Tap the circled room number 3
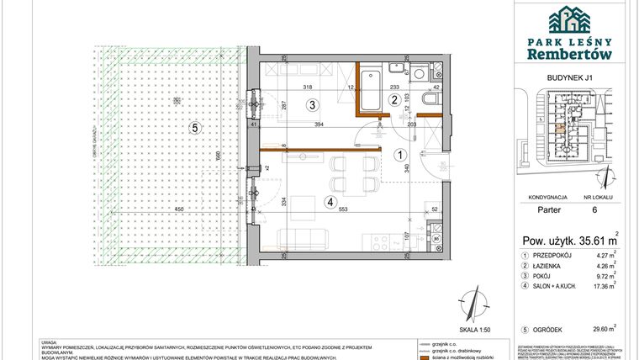pyautogui.click(x=311, y=105)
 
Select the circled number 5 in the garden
pyautogui.click(x=194, y=128)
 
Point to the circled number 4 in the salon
pyautogui.click(x=330, y=201)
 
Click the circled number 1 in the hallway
pyautogui.click(x=402, y=154)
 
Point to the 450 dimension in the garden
pyautogui.click(x=179, y=208)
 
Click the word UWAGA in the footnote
pyautogui.click(x=49, y=341)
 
